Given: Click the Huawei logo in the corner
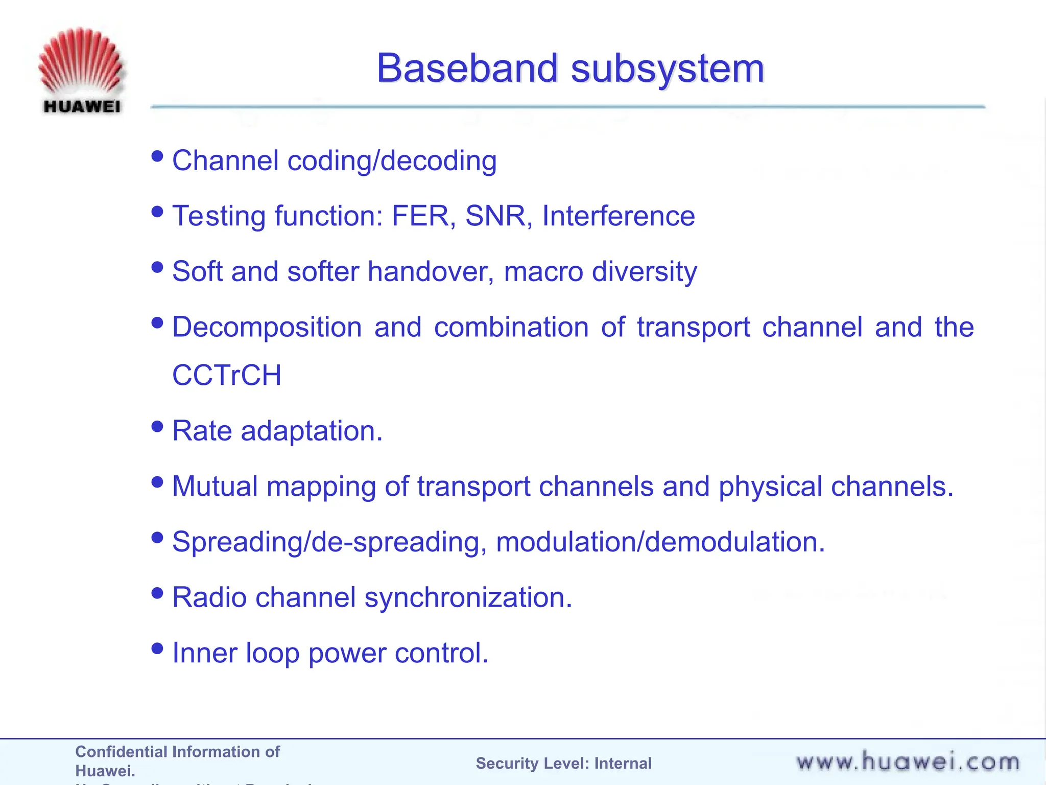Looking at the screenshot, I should point(81,71).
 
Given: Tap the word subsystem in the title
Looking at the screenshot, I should point(667,69).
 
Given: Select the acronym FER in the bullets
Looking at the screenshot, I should point(420,216).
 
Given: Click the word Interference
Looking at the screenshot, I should point(618,216).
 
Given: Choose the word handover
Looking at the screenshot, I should point(430,271).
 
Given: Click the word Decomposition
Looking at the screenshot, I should point(267,328).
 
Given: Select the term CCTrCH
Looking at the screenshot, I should point(227,375).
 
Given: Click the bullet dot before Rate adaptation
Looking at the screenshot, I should point(157,426).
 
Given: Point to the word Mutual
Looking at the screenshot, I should point(215,486).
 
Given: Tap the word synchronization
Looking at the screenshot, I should point(468,598).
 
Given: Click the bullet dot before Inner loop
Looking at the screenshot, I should point(157,649).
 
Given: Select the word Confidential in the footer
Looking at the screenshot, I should point(121,752).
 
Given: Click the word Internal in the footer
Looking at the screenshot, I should point(623,764).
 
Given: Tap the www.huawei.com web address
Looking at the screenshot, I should point(908,762).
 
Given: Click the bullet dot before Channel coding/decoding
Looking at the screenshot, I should point(157,156).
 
